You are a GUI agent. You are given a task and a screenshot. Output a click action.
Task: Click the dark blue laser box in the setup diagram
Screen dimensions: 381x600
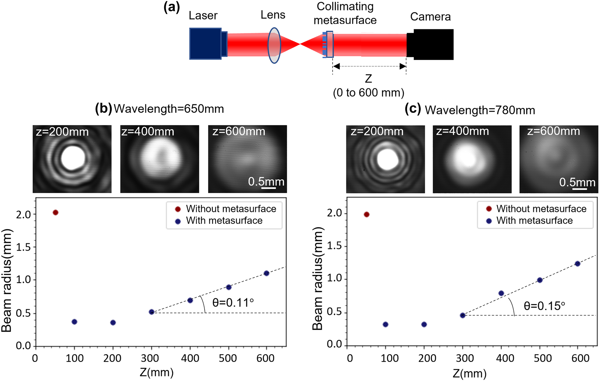coord(205,44)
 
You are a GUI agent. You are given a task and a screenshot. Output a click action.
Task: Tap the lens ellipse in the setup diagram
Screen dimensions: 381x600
coord(274,45)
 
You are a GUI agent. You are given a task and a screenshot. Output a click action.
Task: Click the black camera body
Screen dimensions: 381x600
coord(433,45)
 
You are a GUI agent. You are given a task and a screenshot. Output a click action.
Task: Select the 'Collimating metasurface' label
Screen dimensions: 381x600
coord(345,14)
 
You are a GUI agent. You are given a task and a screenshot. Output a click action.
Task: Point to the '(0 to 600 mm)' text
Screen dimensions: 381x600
coord(368,93)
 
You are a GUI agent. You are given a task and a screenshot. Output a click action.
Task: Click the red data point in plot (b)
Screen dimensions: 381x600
coord(56,213)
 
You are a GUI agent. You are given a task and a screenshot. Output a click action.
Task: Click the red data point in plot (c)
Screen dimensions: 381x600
coord(367,215)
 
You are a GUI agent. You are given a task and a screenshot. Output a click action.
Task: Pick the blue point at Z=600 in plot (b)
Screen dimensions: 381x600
coord(266,273)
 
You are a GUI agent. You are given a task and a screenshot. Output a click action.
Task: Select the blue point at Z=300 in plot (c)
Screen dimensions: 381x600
coord(463,315)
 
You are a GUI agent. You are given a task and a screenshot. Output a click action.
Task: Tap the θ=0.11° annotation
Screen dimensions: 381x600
coord(233,303)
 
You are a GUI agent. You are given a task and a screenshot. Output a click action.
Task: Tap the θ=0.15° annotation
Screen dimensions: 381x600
coord(544,306)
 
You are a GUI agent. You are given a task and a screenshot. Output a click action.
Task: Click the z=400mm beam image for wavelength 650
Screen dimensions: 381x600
coord(160,159)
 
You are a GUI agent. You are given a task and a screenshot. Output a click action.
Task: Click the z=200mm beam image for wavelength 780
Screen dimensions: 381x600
coord(385,159)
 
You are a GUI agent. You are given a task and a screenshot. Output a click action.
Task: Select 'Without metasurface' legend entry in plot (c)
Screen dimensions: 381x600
coord(541,209)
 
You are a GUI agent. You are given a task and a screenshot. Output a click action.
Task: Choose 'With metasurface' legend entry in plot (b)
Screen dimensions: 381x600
coord(224,221)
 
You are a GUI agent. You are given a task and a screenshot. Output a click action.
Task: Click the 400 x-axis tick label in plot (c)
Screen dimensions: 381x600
coord(505,358)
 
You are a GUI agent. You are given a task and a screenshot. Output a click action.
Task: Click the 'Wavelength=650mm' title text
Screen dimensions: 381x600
coord(169,109)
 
